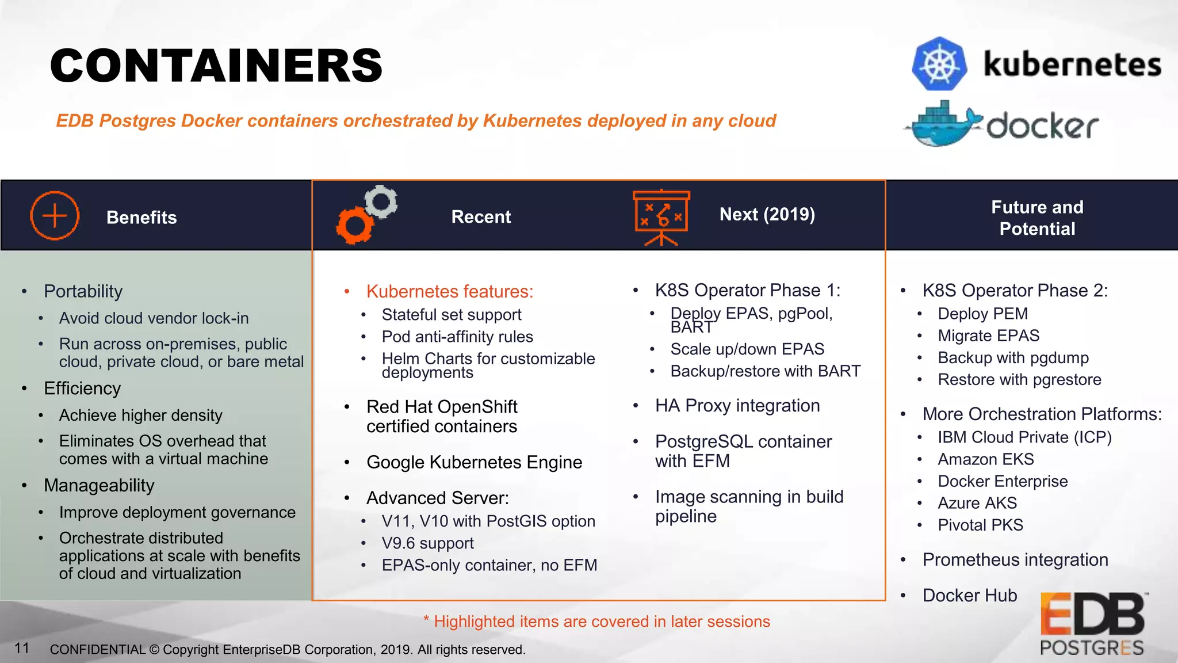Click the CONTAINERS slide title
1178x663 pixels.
[x=216, y=66]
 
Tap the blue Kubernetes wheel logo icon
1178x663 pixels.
[x=939, y=64]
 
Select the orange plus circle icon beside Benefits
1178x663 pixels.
[x=55, y=216]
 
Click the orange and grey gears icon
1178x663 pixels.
[x=366, y=214]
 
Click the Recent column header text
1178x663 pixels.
[x=481, y=217]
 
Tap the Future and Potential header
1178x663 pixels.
[x=1037, y=218]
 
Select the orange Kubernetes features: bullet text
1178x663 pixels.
[x=450, y=291]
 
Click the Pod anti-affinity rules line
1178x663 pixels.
[x=457, y=337]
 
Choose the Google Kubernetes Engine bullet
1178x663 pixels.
[x=474, y=462]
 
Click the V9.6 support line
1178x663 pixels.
[x=427, y=543]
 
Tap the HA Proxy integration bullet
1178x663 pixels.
[x=737, y=406]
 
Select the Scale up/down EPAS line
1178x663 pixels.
[x=747, y=349]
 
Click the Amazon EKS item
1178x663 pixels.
[x=985, y=459]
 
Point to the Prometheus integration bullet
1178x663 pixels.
[x=1015, y=559]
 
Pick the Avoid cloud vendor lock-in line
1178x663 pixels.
[x=154, y=318]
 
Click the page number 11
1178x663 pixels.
[x=22, y=648]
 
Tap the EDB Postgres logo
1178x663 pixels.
[x=1092, y=624]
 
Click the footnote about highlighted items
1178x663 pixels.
[x=596, y=622]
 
